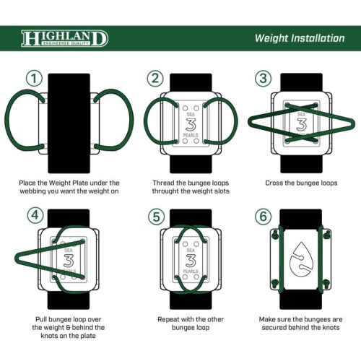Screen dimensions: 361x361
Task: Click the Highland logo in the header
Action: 65,38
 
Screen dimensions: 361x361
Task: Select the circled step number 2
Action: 155,78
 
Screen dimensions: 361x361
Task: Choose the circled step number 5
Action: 155,215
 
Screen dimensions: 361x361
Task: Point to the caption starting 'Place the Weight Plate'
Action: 69,188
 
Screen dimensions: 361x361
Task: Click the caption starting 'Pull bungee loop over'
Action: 69,327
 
